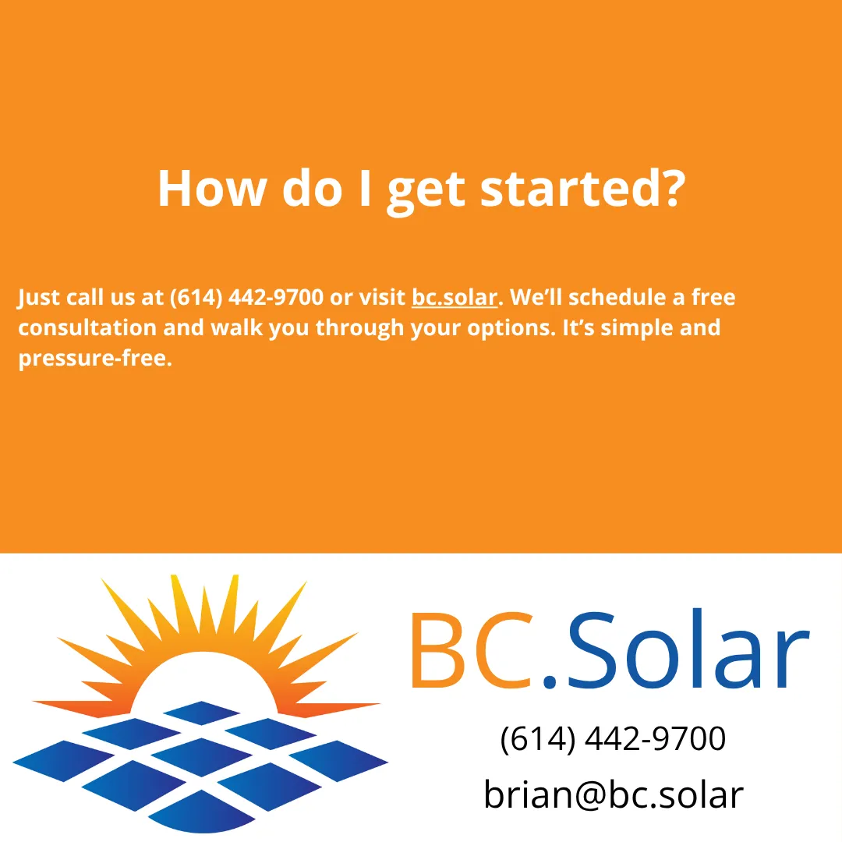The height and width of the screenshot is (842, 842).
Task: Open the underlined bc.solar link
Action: click(x=454, y=298)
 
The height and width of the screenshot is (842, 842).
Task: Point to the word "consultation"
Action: click(x=87, y=327)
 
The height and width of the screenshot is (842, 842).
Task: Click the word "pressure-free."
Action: click(x=94, y=359)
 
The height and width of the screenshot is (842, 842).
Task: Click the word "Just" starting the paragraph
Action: click(x=38, y=298)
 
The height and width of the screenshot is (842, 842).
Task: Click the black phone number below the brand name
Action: click(x=613, y=738)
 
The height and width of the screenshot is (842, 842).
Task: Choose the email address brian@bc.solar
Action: click(x=613, y=794)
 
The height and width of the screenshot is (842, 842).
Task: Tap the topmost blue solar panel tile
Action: click(x=201, y=712)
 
